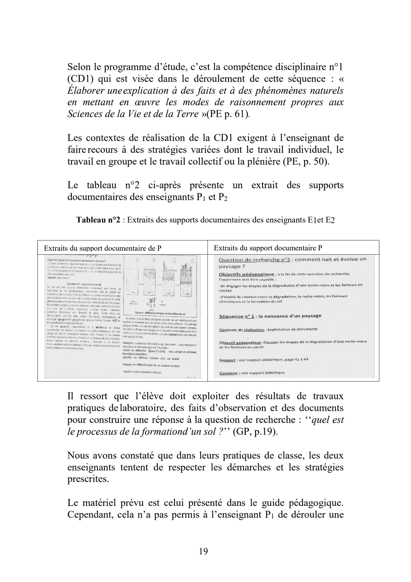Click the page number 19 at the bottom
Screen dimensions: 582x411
pos(204,551)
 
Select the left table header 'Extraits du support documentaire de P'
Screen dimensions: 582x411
pos(103,248)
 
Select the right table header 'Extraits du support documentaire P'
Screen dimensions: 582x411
pos(268,248)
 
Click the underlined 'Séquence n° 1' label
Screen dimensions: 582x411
pos(237,316)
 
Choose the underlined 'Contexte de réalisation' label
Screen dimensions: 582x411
pos(242,329)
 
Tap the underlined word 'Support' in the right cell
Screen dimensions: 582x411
pos(227,360)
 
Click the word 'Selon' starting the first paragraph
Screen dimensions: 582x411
pos(79,66)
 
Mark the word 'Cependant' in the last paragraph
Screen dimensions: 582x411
pos(87,515)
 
